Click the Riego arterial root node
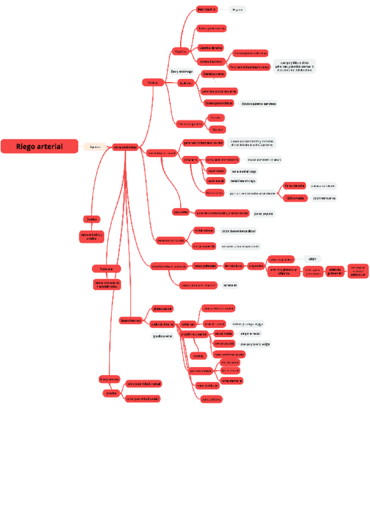(x=40, y=146)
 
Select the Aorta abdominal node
(x=125, y=147)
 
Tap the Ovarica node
(x=91, y=219)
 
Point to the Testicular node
(x=107, y=268)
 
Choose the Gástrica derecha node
(x=211, y=47)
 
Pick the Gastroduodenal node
(x=211, y=61)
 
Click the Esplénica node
(x=186, y=83)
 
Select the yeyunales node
(x=180, y=212)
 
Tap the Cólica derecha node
(x=295, y=186)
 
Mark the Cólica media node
(x=295, y=198)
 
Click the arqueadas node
(x=255, y=266)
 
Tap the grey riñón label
(x=312, y=259)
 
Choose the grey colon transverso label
(x=323, y=198)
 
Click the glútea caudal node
(x=163, y=308)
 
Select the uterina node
(x=199, y=356)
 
